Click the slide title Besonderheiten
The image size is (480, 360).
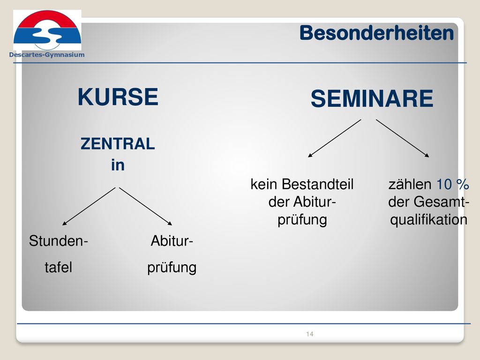pos(376,33)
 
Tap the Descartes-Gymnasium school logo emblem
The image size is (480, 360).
pos(47,30)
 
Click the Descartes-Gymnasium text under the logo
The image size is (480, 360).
pos(47,55)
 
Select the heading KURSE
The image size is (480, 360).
pos(118,97)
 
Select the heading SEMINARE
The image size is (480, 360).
pos(372,98)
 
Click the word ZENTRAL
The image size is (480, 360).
pos(118,143)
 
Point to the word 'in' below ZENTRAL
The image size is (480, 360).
pos(118,165)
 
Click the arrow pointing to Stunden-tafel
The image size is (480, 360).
pos(89,206)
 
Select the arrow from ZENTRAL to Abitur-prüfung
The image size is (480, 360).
pos(145,206)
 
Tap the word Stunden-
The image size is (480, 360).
pos(59,241)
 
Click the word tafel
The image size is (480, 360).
pos(59,267)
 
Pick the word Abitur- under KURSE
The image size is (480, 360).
pos(172,241)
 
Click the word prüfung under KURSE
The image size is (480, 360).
pos(172,268)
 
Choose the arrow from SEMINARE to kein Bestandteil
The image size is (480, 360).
pos(335,138)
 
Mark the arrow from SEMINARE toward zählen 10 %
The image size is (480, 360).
pos(403,138)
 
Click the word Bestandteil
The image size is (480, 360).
pos(317,184)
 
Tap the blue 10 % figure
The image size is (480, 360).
pos(452,184)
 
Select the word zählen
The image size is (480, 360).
pos(410,184)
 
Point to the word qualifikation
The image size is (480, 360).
pos(428,220)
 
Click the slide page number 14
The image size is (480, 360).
pos(309,334)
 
